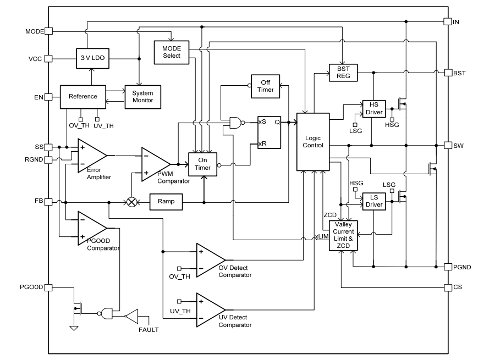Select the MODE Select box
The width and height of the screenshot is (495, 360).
point(171,52)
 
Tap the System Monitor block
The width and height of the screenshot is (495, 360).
point(142,96)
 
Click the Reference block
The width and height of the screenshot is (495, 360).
point(82,96)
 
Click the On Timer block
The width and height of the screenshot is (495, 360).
point(203,164)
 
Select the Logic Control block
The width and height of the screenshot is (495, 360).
point(312,141)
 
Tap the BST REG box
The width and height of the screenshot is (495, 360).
point(343,72)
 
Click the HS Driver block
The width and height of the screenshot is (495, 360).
point(373,109)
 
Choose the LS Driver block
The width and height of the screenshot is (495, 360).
point(373,201)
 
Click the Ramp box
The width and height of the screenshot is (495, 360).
point(166,202)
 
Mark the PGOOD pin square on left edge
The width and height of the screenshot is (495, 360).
point(48,287)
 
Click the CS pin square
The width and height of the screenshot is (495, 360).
point(448,287)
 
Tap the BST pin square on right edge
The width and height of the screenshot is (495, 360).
point(448,73)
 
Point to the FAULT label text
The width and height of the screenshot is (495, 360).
point(148,330)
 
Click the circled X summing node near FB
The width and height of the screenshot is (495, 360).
point(132,202)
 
